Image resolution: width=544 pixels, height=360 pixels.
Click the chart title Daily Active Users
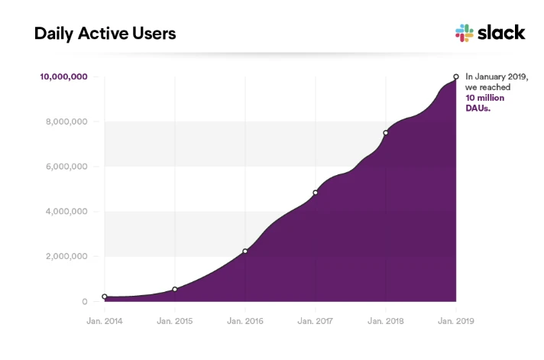105,34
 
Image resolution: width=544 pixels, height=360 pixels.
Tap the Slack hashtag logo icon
465,33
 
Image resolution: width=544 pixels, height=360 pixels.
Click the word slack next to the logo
501,32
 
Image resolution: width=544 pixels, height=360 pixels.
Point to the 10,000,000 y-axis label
63,76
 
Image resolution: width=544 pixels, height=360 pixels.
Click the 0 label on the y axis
86,302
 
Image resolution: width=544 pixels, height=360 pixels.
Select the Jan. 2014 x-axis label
104,321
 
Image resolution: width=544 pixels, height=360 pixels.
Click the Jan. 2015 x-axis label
174,321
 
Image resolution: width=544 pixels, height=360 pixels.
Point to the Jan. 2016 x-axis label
244,321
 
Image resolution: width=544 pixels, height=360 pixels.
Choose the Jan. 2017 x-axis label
315,321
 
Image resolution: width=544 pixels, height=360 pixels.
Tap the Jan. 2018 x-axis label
385,321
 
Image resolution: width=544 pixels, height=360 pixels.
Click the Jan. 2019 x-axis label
455,321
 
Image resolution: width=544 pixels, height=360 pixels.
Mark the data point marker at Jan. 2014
105,297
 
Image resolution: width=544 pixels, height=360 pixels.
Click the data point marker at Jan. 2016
245,251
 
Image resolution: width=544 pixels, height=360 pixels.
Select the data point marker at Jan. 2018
386,133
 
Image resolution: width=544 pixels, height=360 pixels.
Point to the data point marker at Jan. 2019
456,76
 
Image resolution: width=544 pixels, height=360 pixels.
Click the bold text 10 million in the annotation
484,98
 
